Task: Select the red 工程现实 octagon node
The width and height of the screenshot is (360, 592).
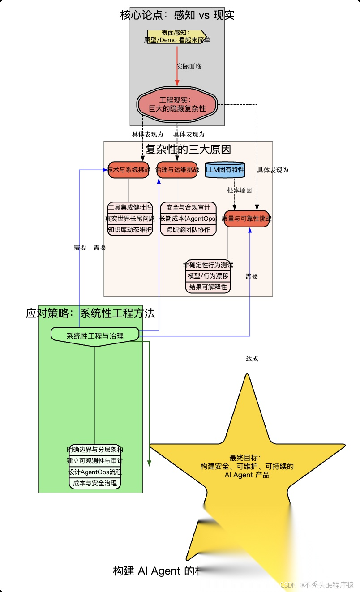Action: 177,104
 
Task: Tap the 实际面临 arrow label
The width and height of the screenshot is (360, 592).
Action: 189,66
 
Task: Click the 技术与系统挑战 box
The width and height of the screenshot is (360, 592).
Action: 129,170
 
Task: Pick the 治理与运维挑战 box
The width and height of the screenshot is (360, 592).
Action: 177,170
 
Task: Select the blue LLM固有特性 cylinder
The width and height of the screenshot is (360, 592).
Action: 225,170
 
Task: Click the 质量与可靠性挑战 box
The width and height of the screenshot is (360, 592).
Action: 247,219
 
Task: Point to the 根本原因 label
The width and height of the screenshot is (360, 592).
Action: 239,190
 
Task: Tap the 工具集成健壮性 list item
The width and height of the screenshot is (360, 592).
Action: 130,208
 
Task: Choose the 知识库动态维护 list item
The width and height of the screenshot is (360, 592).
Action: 130,230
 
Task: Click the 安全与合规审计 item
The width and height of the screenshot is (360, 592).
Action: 188,208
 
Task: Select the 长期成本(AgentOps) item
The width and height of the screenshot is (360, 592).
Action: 188,219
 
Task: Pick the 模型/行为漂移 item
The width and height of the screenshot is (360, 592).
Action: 208,276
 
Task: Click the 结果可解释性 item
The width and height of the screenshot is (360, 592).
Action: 208,287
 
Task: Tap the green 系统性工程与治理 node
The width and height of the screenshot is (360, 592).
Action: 95,335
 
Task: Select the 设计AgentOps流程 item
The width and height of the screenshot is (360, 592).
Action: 95,472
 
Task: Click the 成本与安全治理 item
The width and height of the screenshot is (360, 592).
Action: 95,483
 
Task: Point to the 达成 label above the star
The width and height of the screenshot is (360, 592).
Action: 252,359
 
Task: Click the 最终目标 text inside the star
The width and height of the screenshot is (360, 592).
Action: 247,466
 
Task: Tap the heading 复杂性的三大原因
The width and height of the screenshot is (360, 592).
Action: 188,149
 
